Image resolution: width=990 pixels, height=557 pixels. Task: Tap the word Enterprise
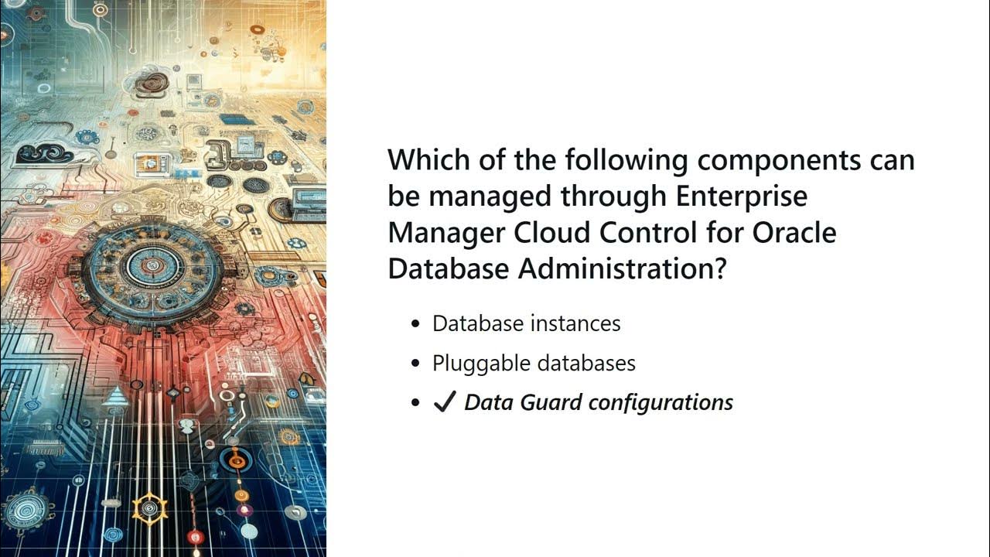pos(742,196)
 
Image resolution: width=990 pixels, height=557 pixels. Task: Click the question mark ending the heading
pos(718,268)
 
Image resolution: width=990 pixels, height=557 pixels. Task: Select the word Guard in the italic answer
pos(552,403)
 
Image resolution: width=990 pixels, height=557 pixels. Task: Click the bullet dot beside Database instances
pos(417,323)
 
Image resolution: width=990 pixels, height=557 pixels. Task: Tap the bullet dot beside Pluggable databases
pos(417,363)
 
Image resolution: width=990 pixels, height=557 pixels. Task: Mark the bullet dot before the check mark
pos(417,403)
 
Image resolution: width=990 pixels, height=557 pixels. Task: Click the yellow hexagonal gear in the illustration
pos(149,507)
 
